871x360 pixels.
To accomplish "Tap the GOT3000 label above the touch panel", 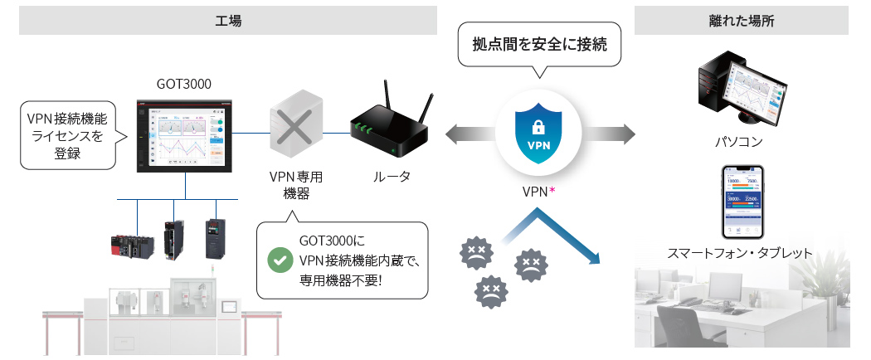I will coord(183,84).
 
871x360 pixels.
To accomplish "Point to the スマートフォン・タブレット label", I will coord(740,254).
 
